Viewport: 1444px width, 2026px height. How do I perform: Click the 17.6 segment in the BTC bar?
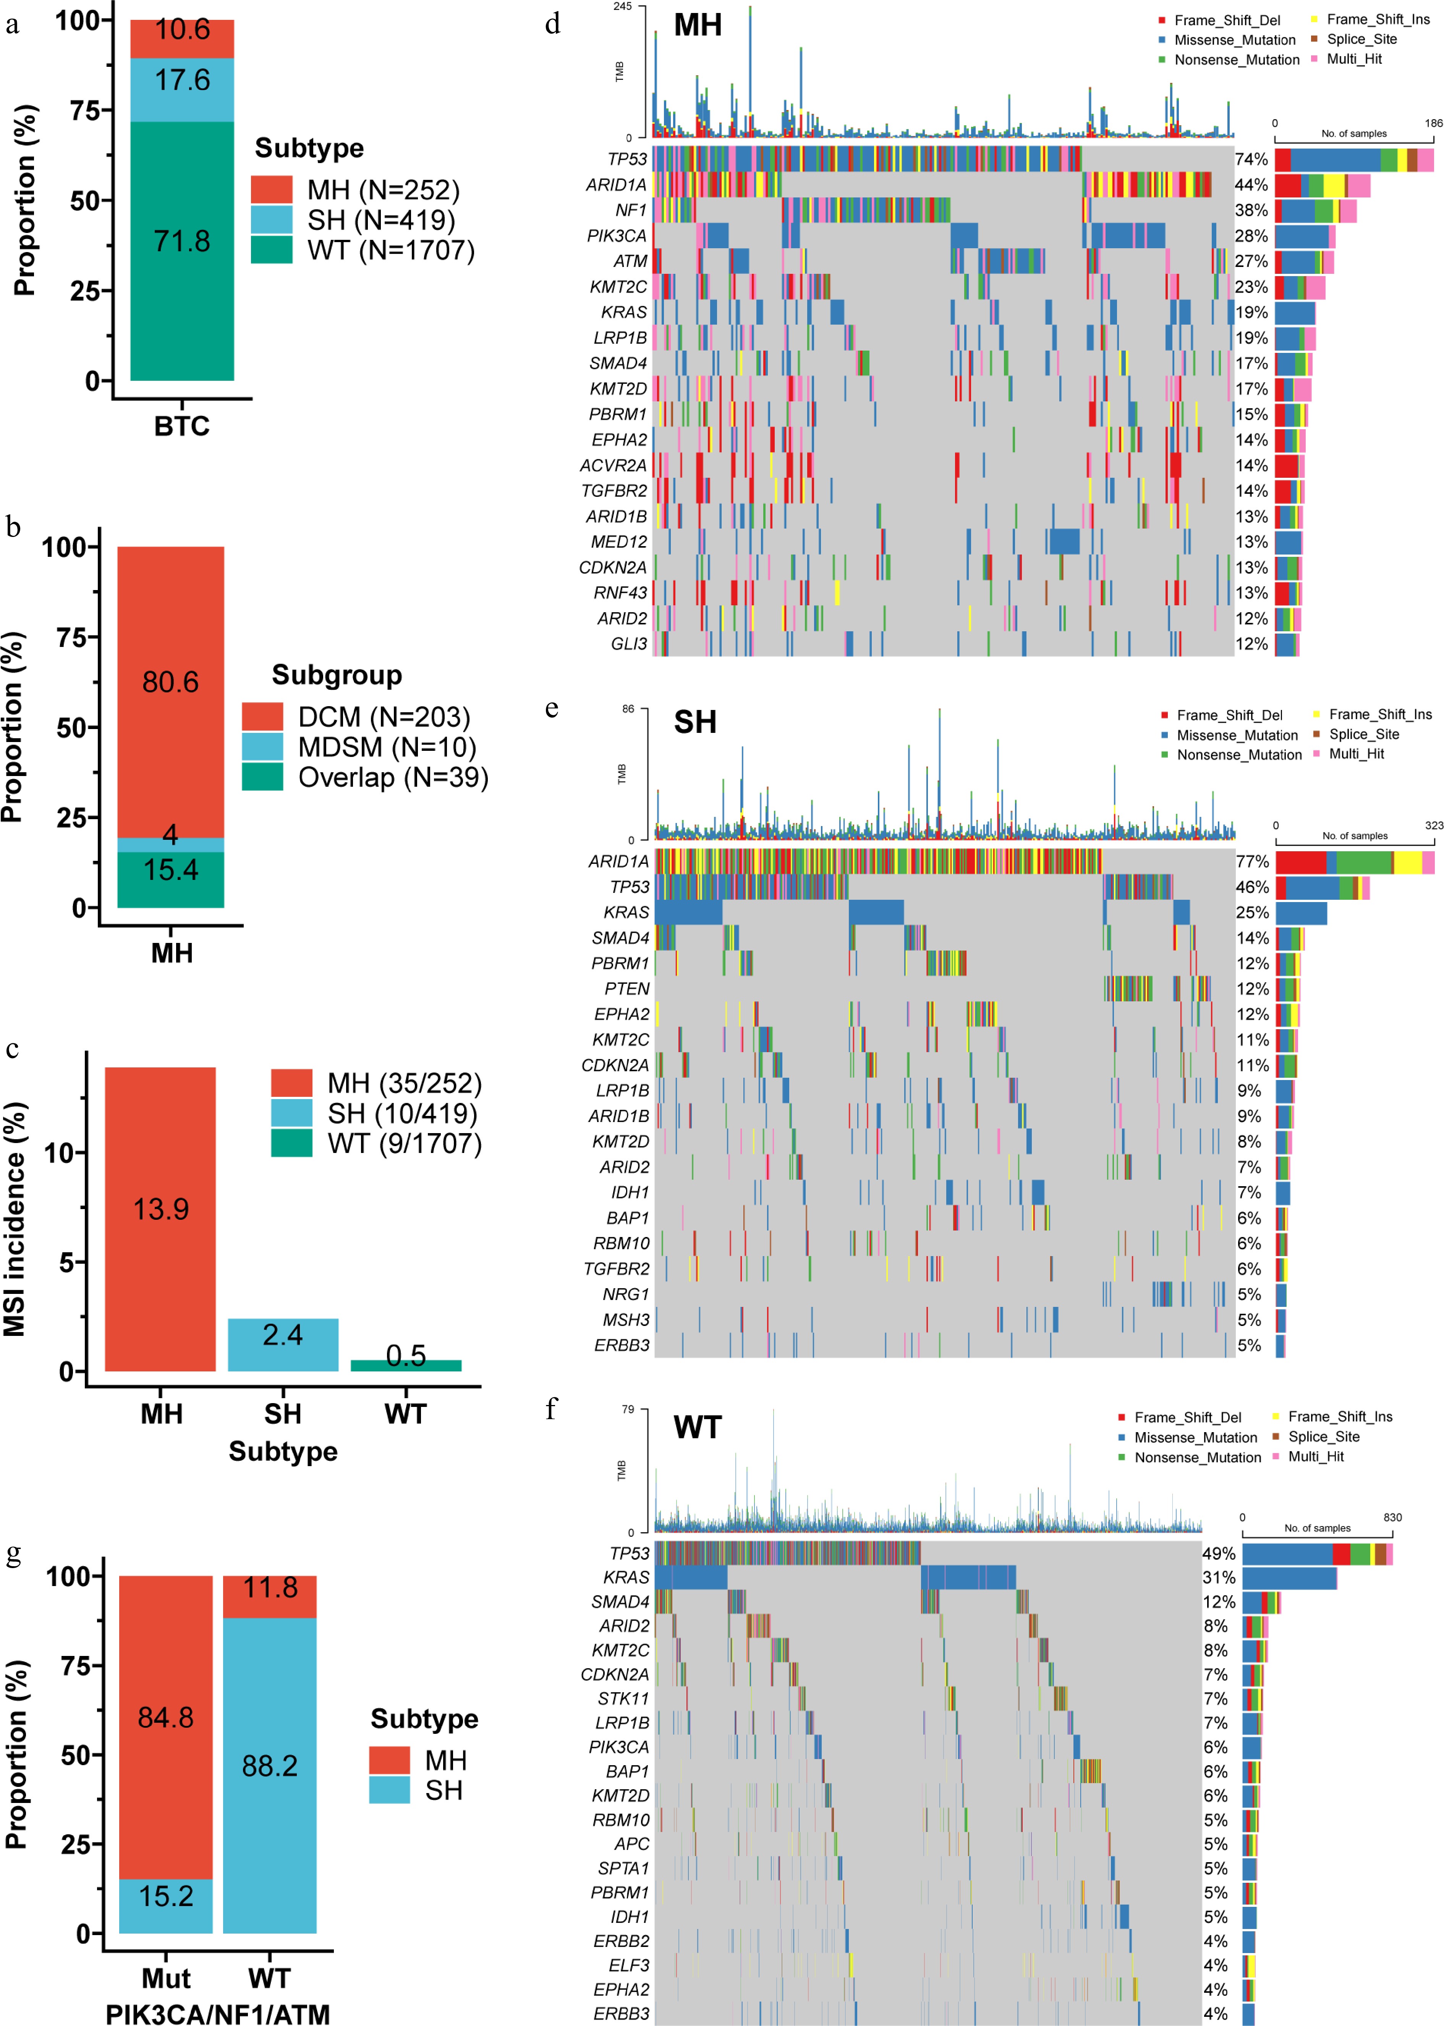[x=182, y=89]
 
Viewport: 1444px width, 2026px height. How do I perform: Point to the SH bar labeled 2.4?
[x=283, y=1344]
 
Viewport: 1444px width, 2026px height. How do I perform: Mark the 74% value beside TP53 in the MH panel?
[x=1251, y=159]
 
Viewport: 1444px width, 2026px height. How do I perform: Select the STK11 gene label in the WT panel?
[x=623, y=1698]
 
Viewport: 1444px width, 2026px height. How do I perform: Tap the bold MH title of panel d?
[x=698, y=25]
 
